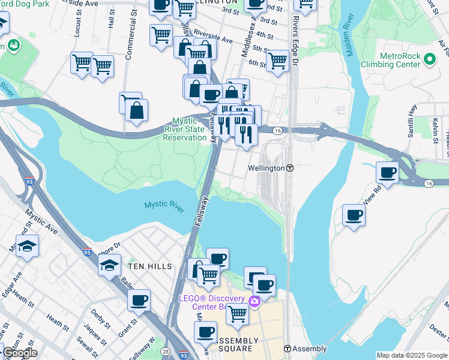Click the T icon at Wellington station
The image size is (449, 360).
[289, 169]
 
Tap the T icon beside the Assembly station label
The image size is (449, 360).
[288, 349]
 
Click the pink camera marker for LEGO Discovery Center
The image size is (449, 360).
[254, 301]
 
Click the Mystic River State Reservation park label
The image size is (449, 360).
[185, 129]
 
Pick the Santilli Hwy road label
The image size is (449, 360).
[412, 123]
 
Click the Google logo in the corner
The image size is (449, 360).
[20, 353]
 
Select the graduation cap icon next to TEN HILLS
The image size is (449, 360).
[109, 265]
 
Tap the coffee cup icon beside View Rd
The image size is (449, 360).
[387, 173]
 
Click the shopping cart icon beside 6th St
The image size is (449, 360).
[277, 61]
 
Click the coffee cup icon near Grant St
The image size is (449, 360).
[139, 299]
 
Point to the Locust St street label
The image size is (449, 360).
[77, 23]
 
